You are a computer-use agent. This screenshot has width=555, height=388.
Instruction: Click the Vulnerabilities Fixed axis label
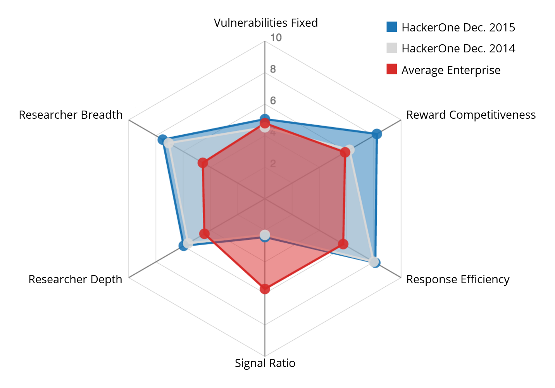click(x=265, y=23)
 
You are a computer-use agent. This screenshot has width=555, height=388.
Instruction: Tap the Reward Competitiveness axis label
click(x=471, y=115)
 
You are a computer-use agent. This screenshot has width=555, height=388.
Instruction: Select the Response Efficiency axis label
click(x=457, y=279)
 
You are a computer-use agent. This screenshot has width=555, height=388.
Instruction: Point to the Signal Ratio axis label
click(x=265, y=363)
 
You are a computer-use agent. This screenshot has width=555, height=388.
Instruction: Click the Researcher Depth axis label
click(x=75, y=279)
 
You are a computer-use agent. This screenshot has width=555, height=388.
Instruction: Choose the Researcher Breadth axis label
click(x=71, y=115)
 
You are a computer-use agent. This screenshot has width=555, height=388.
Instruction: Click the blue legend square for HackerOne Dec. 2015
click(x=392, y=27)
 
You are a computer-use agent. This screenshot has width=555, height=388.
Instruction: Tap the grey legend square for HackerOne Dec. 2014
click(x=392, y=48)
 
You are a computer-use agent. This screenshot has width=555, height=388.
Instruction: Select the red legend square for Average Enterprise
click(x=392, y=69)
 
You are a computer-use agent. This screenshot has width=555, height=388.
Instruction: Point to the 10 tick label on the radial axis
click(x=276, y=38)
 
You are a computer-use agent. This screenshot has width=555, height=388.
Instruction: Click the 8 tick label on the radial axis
click(x=273, y=69)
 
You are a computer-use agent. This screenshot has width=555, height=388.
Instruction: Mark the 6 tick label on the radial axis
click(x=273, y=101)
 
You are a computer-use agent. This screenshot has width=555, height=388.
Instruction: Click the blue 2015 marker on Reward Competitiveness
click(x=376, y=134)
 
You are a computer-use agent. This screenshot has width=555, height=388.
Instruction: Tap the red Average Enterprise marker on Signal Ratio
click(x=265, y=289)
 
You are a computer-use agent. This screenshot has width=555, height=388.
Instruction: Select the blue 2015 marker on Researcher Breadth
click(x=162, y=140)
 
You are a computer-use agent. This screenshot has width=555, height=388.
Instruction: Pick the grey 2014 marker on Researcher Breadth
click(x=168, y=144)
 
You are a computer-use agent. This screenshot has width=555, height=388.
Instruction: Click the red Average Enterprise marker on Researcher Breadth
click(x=203, y=163)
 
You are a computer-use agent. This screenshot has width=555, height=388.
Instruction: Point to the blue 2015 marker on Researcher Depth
click(x=184, y=246)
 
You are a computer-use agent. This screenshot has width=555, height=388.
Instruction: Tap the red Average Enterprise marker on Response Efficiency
click(x=343, y=244)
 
